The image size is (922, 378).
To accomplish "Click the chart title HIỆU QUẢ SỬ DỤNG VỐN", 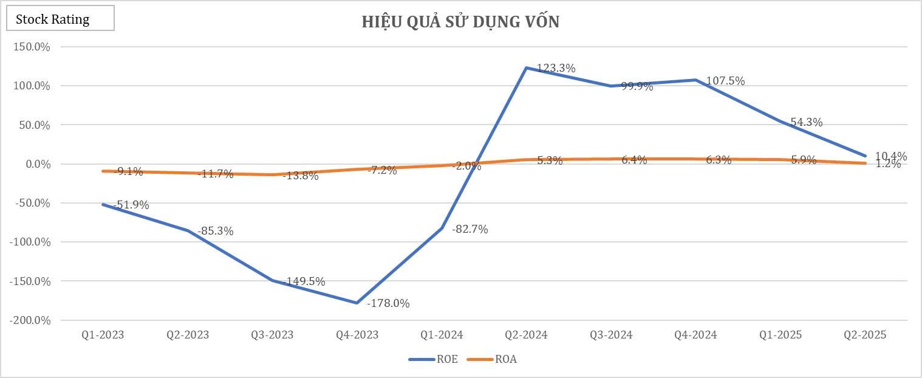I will tap(460, 22).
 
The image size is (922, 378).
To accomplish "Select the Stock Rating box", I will tap(60, 19).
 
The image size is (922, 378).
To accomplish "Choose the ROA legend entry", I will tap(492, 359).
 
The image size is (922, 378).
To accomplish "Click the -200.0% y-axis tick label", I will tap(30, 320).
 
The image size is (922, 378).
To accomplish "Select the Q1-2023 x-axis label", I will tap(103, 335).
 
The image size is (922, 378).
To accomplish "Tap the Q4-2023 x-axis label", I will tap(357, 335).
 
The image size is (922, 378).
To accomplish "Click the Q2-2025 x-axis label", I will tap(865, 335).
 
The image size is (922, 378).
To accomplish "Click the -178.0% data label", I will tap(388, 303).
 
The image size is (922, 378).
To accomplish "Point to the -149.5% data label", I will tap(304, 281).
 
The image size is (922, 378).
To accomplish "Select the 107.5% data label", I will tap(725, 81).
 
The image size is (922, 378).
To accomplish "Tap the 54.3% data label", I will tap(806, 122).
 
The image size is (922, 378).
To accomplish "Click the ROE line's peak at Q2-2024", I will tap(526, 67).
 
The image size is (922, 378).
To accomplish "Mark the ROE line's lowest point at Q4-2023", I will tap(357, 303).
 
